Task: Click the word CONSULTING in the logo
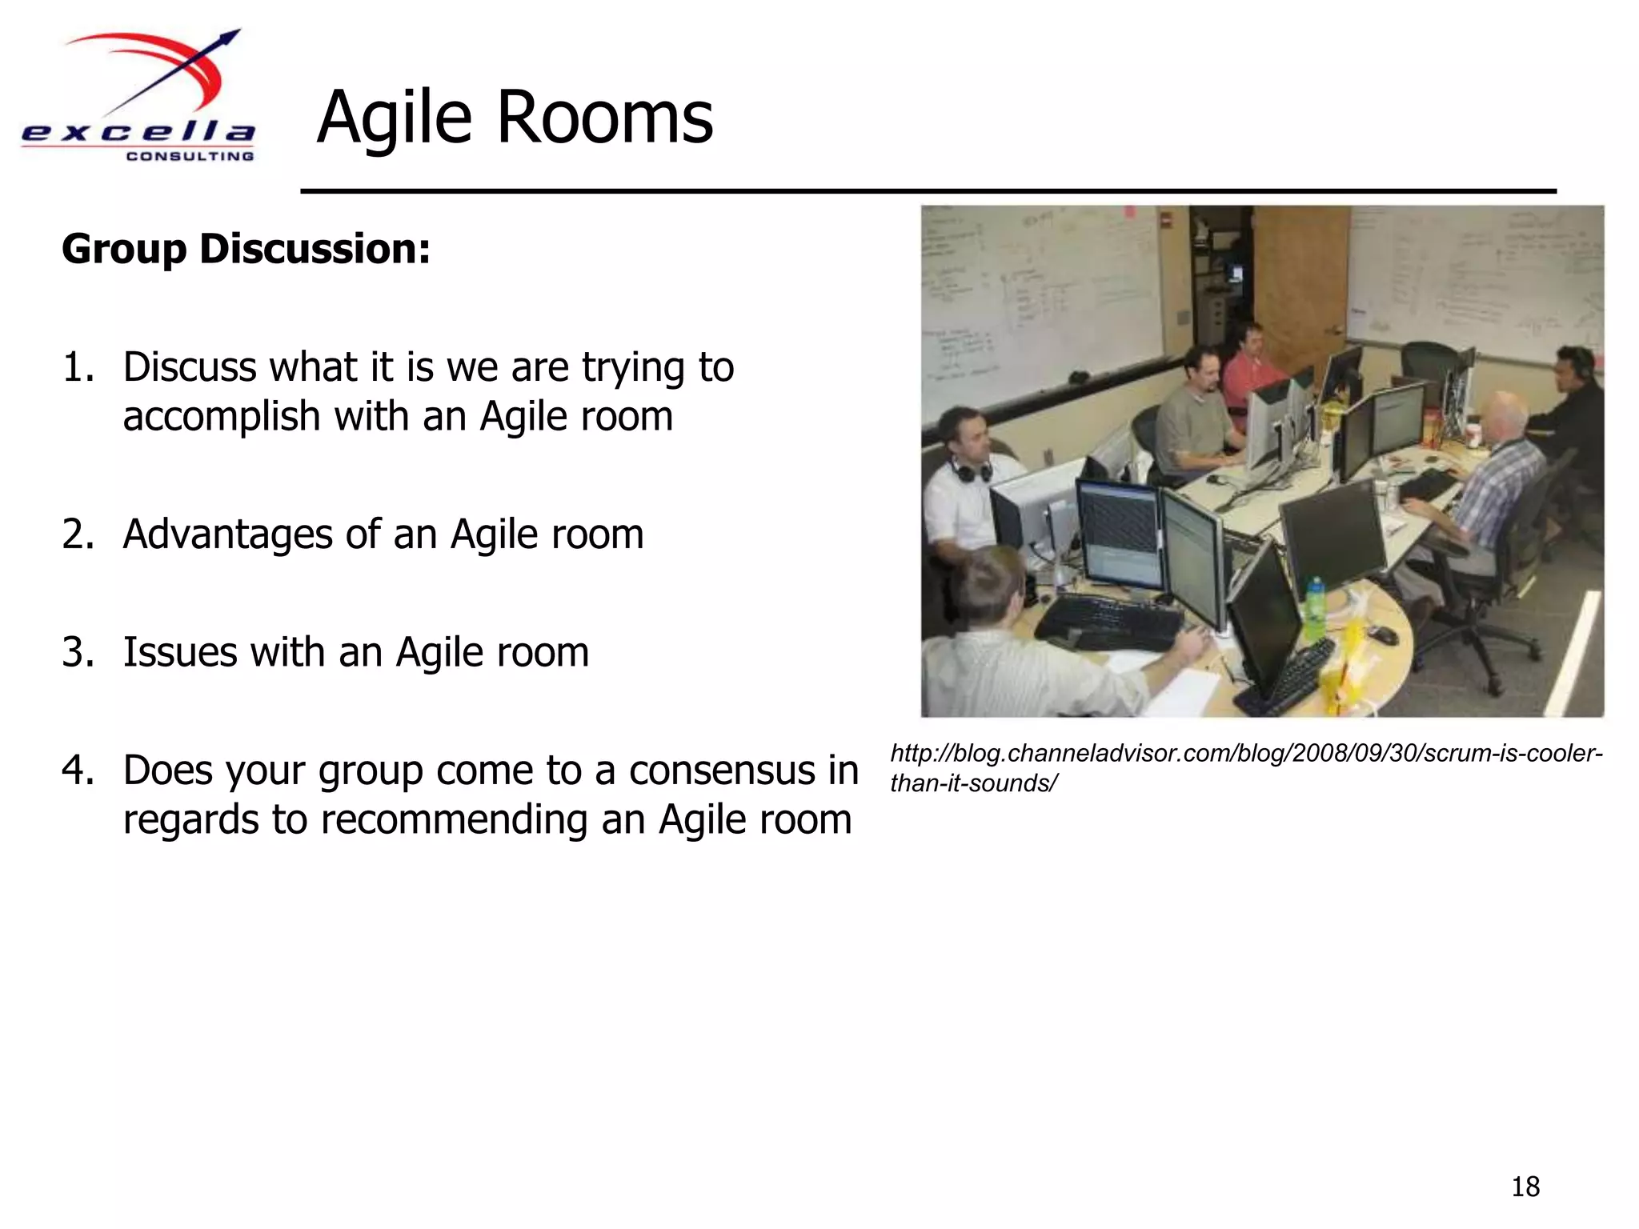point(190,156)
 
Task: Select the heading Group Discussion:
point(246,249)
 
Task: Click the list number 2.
point(78,534)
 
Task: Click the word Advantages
point(227,534)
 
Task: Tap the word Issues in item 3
point(180,652)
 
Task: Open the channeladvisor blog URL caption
point(1245,767)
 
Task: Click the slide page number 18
point(1525,1187)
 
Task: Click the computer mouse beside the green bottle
point(1382,635)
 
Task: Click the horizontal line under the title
point(928,191)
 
